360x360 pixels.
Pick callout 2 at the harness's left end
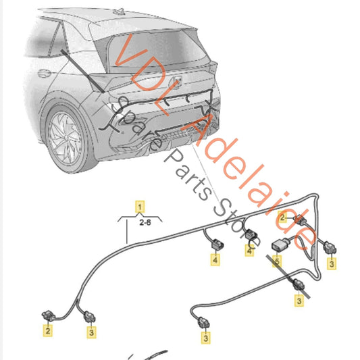coord(48,331)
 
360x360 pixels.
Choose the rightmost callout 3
coord(332,264)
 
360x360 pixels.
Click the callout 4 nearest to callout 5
coord(249,251)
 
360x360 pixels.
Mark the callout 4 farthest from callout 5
coord(215,259)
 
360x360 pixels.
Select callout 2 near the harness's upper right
coord(283,217)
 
